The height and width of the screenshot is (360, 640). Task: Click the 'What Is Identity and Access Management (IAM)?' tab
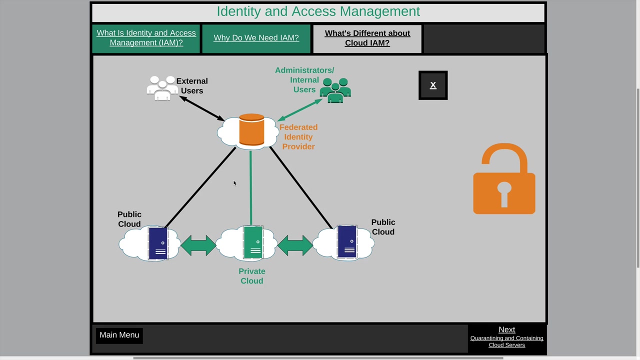(146, 38)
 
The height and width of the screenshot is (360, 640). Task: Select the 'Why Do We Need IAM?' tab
(256, 38)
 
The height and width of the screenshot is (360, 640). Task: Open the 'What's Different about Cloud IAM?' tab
(367, 38)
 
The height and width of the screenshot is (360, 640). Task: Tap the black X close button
(433, 85)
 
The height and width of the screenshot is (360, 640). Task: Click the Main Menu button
(119, 335)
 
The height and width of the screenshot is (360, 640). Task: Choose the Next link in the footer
(506, 329)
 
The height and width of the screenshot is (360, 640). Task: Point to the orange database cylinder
(251, 130)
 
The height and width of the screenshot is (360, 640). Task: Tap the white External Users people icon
(162, 88)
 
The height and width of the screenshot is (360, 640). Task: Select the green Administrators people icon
(335, 90)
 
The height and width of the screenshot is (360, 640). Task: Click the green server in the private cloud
(253, 242)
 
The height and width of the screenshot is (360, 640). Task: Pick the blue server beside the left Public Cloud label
(158, 243)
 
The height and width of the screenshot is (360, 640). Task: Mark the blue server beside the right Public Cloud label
(347, 241)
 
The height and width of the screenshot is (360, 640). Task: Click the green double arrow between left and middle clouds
(198, 245)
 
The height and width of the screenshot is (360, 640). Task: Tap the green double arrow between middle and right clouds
(295, 245)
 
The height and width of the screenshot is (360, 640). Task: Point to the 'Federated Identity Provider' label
(298, 137)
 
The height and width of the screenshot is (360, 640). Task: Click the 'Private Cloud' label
(251, 276)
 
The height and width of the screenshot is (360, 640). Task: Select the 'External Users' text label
(192, 86)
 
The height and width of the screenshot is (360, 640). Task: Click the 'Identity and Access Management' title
(318, 11)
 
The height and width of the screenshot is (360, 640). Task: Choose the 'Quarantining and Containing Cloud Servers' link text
(506, 341)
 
